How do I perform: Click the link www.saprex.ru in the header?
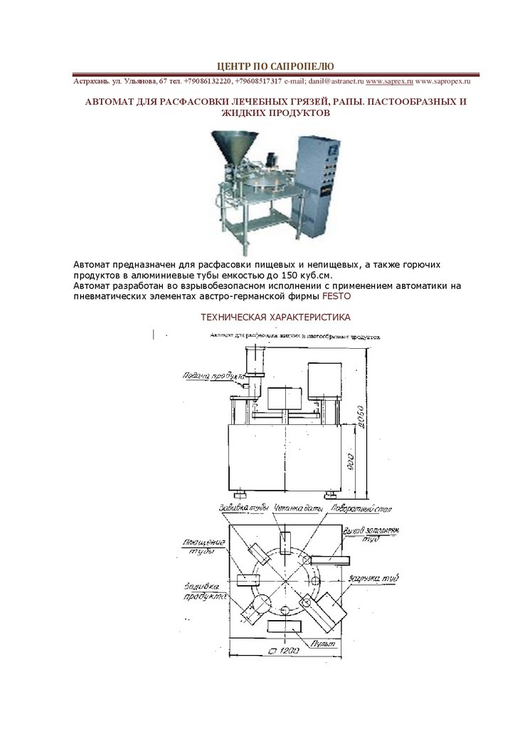pyautogui.click(x=389, y=81)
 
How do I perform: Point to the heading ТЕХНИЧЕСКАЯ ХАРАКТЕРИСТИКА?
pyautogui.click(x=275, y=317)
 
